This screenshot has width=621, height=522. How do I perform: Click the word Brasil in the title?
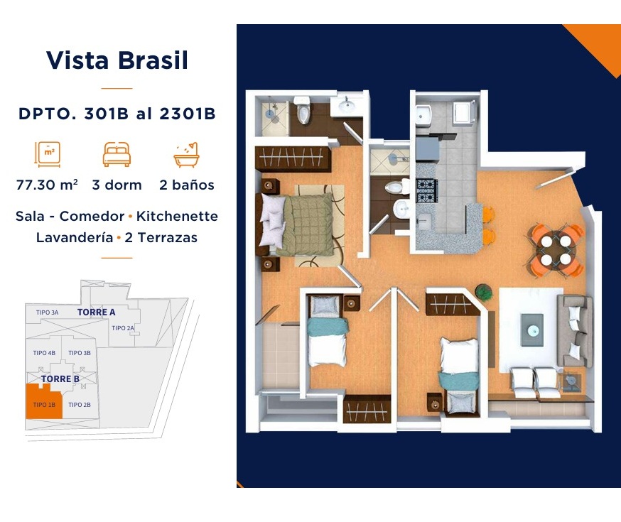(153, 60)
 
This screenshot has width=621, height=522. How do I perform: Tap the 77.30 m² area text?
(47, 185)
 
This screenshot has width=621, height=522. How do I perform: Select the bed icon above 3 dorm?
(117, 154)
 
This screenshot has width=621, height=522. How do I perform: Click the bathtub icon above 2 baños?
(186, 154)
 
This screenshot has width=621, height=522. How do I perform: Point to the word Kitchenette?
(177, 216)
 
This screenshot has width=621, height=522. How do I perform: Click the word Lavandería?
(75, 237)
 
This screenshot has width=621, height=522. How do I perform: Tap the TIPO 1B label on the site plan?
(44, 404)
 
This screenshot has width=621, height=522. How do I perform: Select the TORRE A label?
(96, 312)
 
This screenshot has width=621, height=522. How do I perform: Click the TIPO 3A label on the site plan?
(47, 312)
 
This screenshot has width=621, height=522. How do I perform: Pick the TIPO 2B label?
(80, 404)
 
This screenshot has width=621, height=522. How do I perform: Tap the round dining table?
(556, 250)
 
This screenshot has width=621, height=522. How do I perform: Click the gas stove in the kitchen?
(427, 190)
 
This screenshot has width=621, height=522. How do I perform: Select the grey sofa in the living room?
(575, 330)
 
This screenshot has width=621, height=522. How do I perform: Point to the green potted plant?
(484, 293)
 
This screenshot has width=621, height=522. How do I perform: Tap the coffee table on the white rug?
(532, 330)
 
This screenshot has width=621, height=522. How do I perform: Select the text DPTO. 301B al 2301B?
(117, 114)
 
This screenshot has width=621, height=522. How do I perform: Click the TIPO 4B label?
(44, 353)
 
